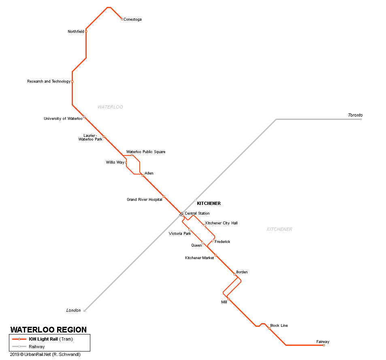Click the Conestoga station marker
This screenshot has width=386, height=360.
(x=122, y=19)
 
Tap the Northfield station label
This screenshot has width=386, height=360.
(x=76, y=32)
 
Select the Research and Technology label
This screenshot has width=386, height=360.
(x=49, y=81)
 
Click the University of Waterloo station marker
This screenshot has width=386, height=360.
(x=84, y=117)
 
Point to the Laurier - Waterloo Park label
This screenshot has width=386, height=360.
(x=90, y=137)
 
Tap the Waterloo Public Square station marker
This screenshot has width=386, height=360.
(x=132, y=155)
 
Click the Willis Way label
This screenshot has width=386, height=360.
(x=115, y=162)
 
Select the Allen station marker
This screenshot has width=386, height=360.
(x=143, y=175)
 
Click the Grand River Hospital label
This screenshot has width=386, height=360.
(x=145, y=200)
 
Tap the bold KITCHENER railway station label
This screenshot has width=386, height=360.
(x=209, y=203)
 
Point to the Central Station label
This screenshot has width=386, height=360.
(x=197, y=213)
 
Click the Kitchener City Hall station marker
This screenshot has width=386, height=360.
(x=205, y=226)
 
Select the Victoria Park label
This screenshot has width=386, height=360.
(x=180, y=234)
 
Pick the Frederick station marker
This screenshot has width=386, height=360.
(x=213, y=241)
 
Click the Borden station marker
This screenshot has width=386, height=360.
(x=235, y=275)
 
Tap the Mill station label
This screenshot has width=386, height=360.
(x=224, y=302)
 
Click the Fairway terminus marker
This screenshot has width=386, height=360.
(x=324, y=345)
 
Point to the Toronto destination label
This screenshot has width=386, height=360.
(x=355, y=115)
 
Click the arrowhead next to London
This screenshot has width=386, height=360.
(x=85, y=311)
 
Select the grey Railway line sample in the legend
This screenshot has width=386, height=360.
(x=19, y=347)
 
